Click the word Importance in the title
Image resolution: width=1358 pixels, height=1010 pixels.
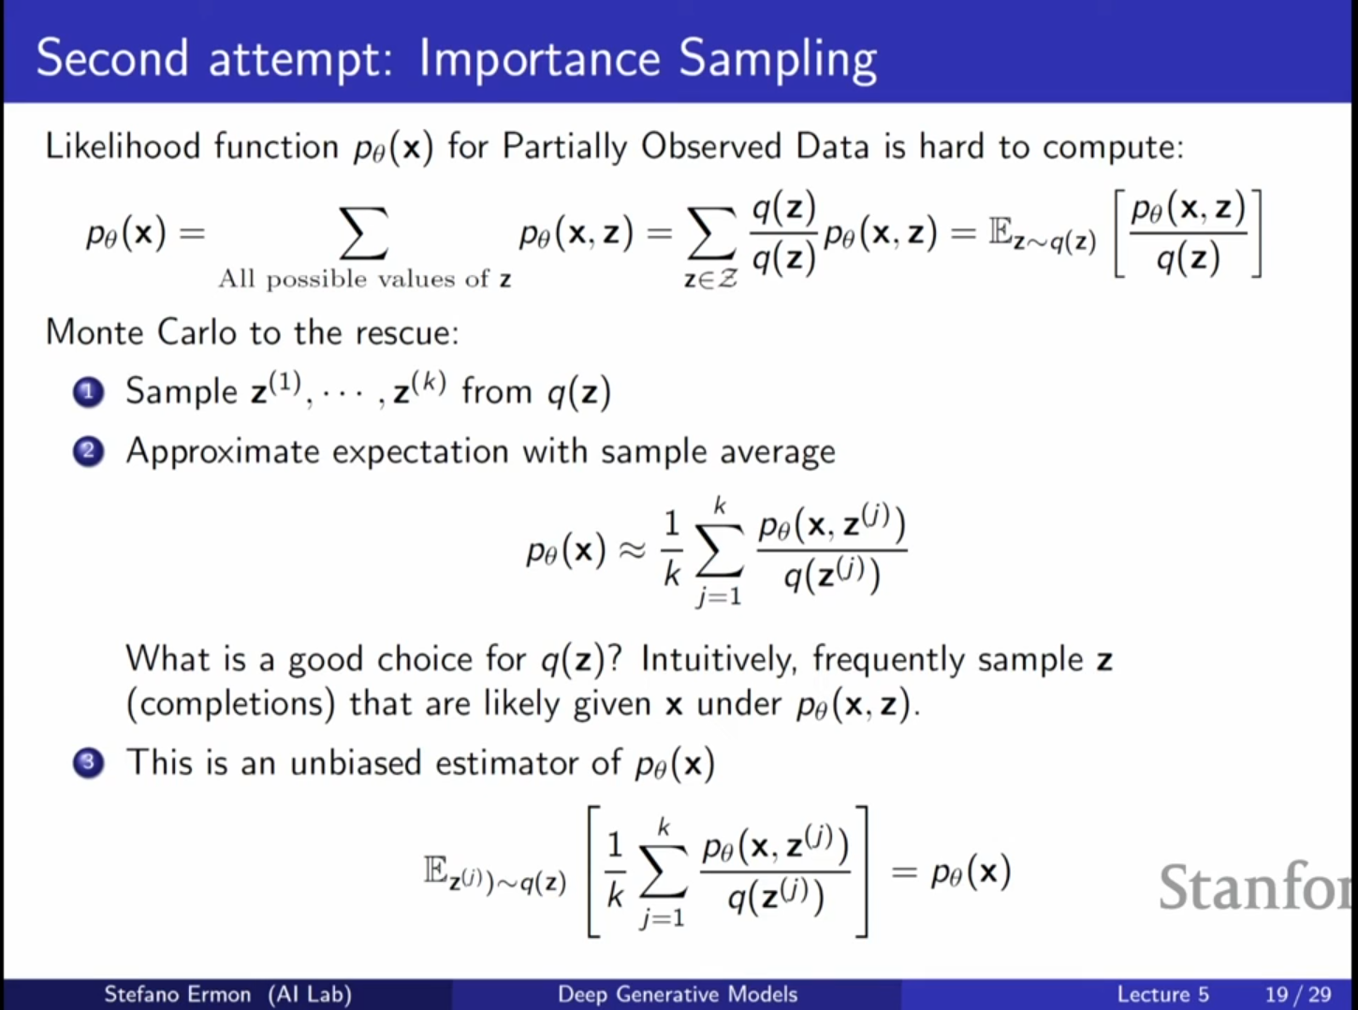539,58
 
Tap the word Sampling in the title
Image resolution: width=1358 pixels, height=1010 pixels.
778,59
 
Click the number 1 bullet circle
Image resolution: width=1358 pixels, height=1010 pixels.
89,392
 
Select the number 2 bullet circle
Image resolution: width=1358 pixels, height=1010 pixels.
89,452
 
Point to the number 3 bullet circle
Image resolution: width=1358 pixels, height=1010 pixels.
89,763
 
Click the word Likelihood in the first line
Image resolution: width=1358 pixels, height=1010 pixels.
123,147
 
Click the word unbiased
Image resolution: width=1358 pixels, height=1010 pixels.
356,763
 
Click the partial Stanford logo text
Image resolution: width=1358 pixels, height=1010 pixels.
1256,886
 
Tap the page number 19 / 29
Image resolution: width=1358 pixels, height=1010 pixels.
1298,994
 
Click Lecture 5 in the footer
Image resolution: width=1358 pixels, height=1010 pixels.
1162,994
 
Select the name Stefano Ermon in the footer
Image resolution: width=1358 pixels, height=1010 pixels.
178,993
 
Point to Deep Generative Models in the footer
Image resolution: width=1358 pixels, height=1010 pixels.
678,993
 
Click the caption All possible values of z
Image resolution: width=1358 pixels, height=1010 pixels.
365,279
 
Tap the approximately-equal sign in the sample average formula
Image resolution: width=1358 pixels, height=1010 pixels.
632,550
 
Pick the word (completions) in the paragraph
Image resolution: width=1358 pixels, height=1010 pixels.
231,704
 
